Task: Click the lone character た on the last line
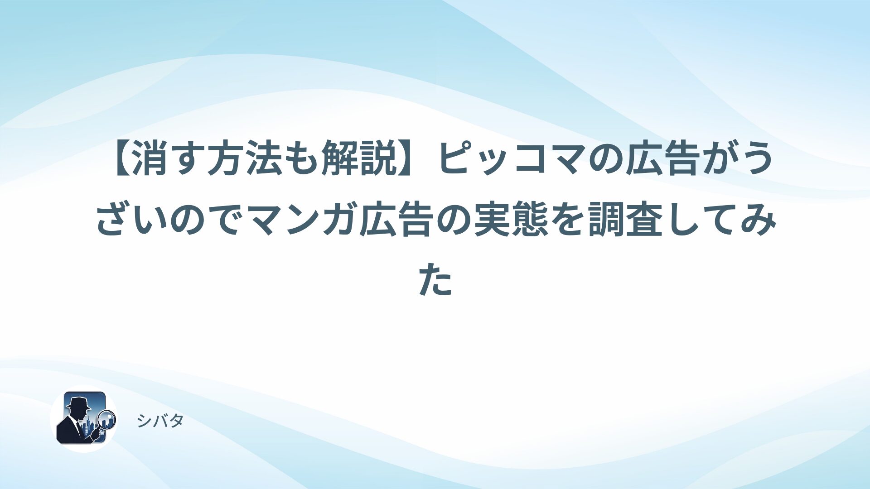[435, 282]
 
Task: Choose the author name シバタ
[160, 421]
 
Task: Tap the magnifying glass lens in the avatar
[107, 419]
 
